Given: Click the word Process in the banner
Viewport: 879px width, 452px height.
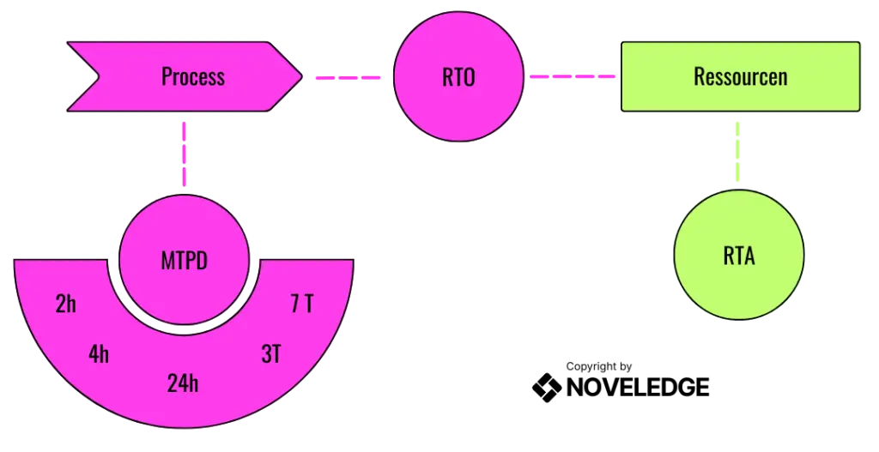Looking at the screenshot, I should pyautogui.click(x=192, y=76).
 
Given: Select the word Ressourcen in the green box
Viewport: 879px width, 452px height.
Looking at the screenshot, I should pyautogui.click(x=740, y=76).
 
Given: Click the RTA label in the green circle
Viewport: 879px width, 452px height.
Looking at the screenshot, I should pyautogui.click(x=738, y=255).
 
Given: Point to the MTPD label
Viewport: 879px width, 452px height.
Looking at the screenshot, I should pyautogui.click(x=184, y=261).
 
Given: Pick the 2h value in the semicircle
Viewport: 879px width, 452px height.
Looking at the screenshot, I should pyautogui.click(x=66, y=304).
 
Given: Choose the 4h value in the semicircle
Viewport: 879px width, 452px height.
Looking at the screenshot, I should pyautogui.click(x=99, y=353).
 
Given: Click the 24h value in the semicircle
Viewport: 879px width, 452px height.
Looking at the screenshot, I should pyautogui.click(x=183, y=383).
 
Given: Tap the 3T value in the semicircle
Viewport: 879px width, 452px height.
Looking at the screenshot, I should pyautogui.click(x=270, y=353).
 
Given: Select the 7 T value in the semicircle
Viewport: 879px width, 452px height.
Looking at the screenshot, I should pyautogui.click(x=301, y=304).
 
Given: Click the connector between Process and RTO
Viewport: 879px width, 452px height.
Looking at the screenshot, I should pyautogui.click(x=346, y=78).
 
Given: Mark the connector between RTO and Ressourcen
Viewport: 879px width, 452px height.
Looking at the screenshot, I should pyautogui.click(x=572, y=77).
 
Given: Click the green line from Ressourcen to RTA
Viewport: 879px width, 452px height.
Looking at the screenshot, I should pyautogui.click(x=738, y=150).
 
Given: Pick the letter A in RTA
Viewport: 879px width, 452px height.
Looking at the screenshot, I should pyautogui.click(x=749, y=255).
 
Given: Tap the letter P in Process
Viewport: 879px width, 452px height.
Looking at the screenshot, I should pyautogui.click(x=166, y=76).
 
